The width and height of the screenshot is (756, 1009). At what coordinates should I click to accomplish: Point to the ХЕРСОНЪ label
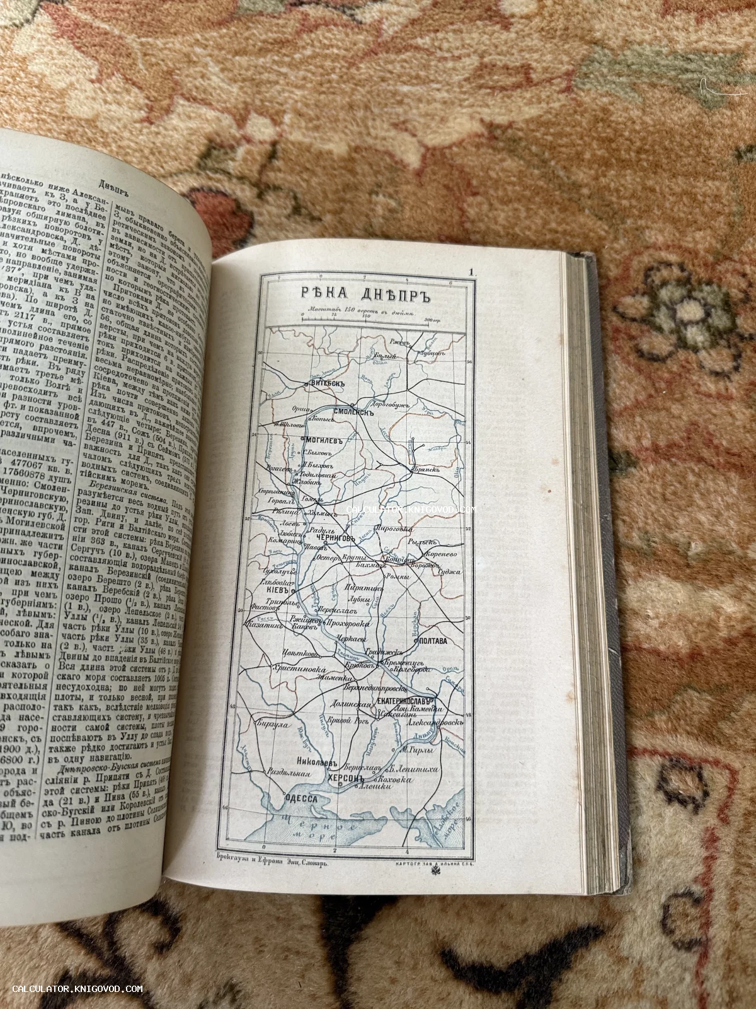click(344, 779)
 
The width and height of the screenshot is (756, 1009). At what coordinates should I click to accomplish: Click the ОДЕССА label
click(295, 798)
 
